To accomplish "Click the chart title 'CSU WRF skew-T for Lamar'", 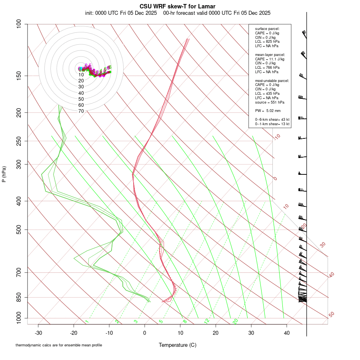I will [178, 6].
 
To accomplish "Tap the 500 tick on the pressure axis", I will [19, 230].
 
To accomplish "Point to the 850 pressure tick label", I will [19, 297].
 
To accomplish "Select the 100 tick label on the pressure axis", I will [19, 24].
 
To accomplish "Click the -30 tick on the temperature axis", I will [38, 332].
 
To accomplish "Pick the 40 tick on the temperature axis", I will [286, 332].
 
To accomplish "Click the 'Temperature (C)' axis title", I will [178, 345].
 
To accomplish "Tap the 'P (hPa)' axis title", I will [4, 174].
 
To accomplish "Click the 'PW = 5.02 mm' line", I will [268, 110].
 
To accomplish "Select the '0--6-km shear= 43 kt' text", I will [272, 119].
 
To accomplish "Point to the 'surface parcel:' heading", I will [267, 29].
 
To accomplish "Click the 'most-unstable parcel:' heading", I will [272, 81].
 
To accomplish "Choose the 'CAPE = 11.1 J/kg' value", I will [270, 59].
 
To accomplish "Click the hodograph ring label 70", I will [81, 111].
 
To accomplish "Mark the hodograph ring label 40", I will [81, 93].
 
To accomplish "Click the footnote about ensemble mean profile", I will [59, 345].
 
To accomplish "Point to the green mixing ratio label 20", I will [235, 321].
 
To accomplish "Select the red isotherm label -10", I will [277, 137].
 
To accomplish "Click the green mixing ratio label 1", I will [87, 322].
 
